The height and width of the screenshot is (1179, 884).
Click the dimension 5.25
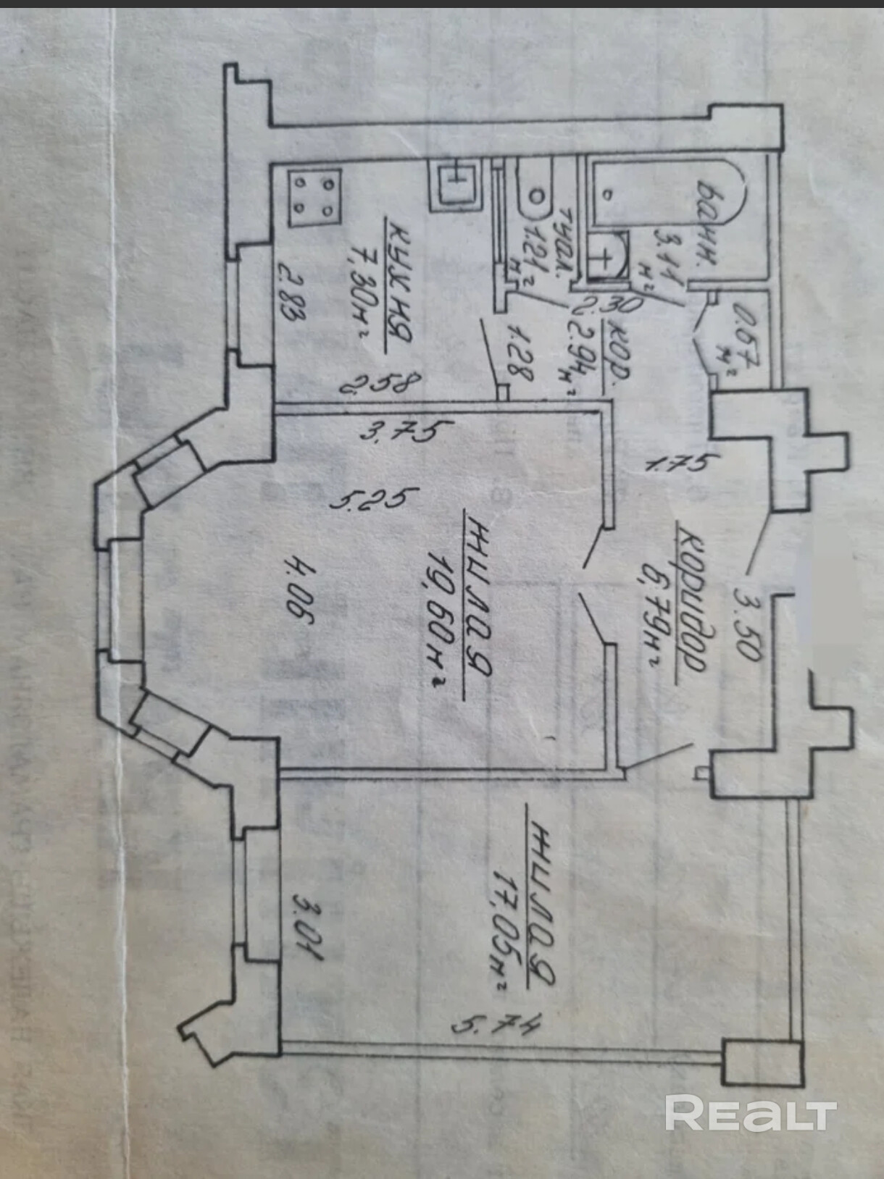click(374, 499)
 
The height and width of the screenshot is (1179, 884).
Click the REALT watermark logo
click(751, 1113)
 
